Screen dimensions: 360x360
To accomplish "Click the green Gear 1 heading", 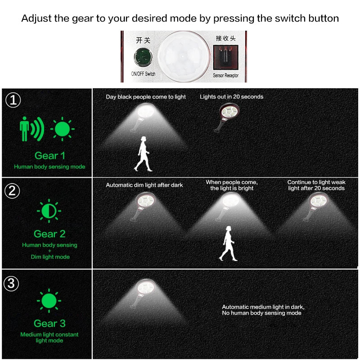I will click(49, 156).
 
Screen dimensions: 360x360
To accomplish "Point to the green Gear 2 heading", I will click(49, 234).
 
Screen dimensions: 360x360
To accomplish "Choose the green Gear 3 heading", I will click(49, 324).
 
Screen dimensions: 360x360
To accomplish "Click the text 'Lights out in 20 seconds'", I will click(231, 97).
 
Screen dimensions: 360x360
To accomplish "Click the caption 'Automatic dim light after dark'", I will click(144, 185).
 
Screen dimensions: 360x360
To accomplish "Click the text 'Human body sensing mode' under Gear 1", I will click(49, 166).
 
